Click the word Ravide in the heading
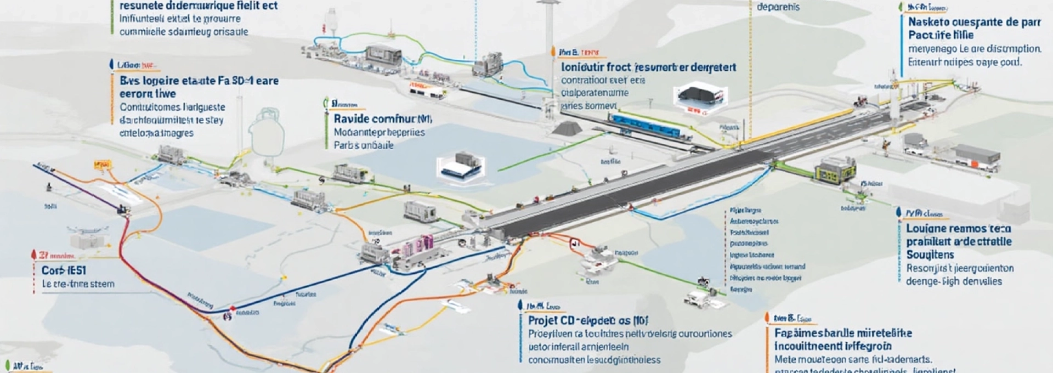(x=350, y=118)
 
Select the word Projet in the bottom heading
(x=543, y=320)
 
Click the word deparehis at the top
(x=778, y=7)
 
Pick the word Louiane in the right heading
(x=926, y=228)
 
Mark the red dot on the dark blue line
(x=233, y=308)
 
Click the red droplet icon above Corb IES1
(x=34, y=255)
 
